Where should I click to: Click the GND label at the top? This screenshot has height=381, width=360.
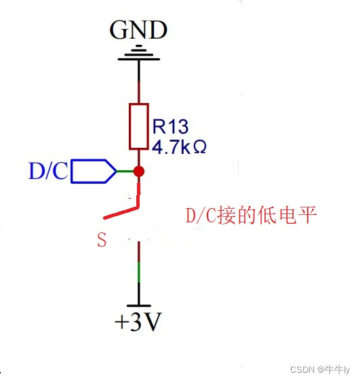coord(138,30)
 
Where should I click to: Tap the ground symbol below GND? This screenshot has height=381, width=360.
coord(139,54)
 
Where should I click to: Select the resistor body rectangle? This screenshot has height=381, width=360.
coord(139,127)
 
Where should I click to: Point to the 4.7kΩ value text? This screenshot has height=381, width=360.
coord(179,146)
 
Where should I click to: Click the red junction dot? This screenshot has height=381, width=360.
coord(139,171)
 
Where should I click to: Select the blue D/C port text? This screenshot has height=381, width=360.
coord(48,172)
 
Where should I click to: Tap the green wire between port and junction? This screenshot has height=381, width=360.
coord(125,171)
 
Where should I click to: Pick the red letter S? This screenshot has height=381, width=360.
coord(102,240)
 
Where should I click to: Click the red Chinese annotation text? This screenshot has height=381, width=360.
coord(251,216)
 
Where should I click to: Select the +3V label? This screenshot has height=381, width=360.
coord(138,322)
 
